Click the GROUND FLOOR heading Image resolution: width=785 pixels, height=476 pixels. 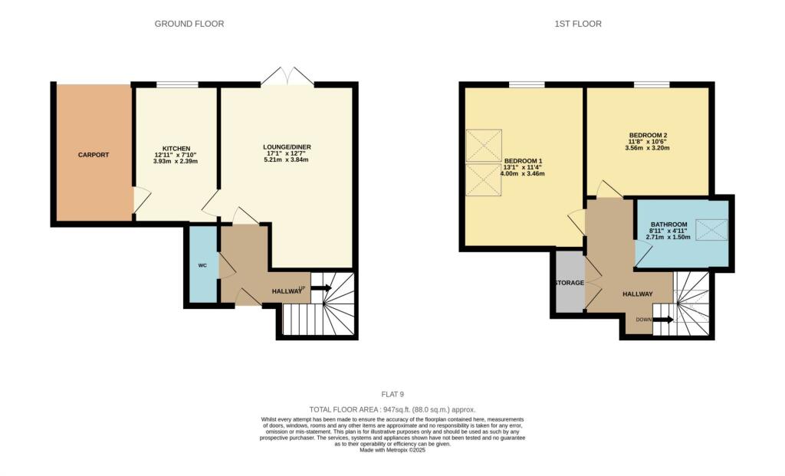(x=189, y=24)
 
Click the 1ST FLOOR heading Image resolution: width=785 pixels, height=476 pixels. (x=578, y=24)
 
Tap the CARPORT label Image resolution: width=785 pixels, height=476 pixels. (x=94, y=155)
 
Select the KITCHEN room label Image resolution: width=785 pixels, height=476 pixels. (x=176, y=149)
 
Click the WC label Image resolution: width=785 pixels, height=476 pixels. (x=202, y=265)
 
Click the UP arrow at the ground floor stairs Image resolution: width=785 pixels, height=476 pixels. (x=321, y=288)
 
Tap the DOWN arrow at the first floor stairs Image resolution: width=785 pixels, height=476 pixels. (x=664, y=320)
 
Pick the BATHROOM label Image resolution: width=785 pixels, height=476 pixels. (x=672, y=225)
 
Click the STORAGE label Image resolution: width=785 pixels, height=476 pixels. (x=570, y=283)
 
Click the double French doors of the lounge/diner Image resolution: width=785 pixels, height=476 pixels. (x=287, y=77)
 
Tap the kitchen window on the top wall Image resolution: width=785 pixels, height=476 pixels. (x=177, y=84)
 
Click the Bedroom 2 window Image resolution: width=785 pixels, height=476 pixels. (x=652, y=84)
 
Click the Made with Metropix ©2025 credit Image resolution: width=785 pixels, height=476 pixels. (x=392, y=450)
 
